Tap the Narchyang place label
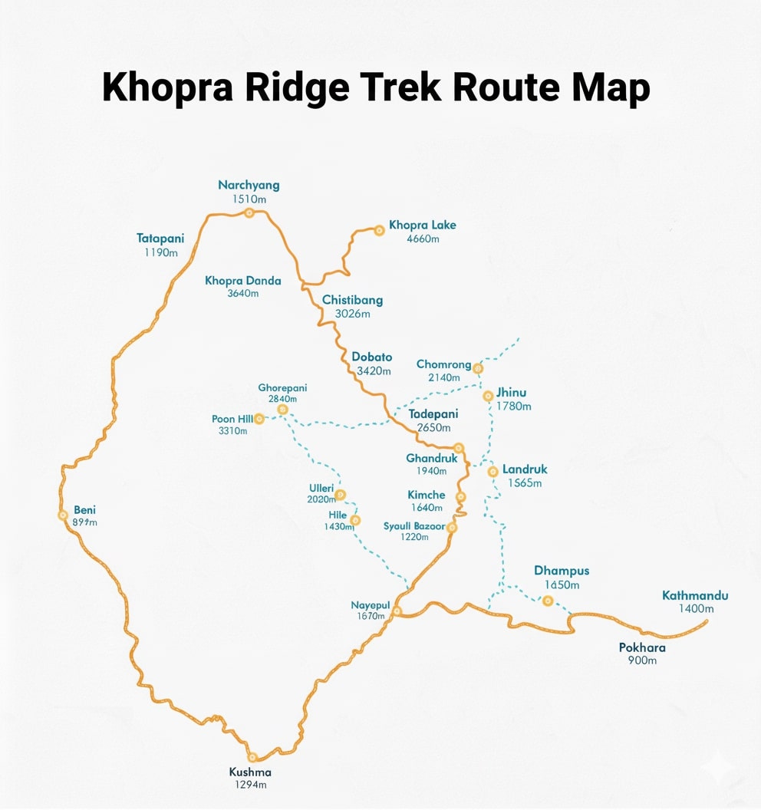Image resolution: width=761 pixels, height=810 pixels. point(249,185)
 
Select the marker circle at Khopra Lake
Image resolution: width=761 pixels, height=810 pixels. point(378,229)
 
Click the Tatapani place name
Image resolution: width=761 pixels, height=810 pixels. point(160,239)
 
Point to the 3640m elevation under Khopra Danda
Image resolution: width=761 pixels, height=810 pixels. point(242,294)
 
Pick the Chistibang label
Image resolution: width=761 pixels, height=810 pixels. point(352,300)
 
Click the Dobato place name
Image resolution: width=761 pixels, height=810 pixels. point(371,357)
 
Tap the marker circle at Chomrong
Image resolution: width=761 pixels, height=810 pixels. point(478,368)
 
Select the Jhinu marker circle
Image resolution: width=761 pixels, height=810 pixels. point(488,396)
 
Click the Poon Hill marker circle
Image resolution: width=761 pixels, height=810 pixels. point(259,419)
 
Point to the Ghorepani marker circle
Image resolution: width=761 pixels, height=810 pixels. point(282,410)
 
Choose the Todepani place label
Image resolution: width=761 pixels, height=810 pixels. point(433,414)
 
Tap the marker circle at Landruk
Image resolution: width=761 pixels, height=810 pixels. point(493,471)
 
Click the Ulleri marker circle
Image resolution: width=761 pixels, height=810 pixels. point(340,495)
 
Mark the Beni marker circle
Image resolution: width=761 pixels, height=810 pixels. point(63,515)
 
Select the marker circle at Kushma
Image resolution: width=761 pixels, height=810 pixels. point(252,757)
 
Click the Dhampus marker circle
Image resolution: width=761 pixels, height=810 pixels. point(548,601)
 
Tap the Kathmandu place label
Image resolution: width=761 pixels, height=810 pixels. point(695,595)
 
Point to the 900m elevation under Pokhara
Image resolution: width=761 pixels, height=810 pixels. point(642,660)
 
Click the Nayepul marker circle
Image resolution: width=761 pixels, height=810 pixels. point(397,611)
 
